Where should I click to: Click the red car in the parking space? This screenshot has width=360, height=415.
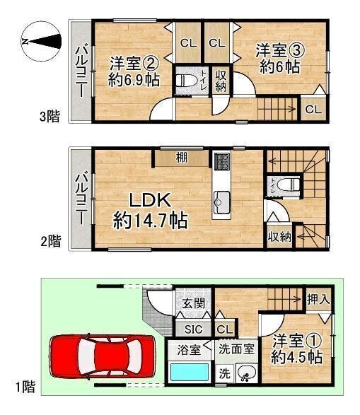pyautogui.click(x=102, y=356)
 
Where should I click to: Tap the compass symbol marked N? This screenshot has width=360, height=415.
pyautogui.click(x=41, y=41)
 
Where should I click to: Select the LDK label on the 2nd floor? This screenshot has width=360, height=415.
pyautogui.click(x=150, y=200)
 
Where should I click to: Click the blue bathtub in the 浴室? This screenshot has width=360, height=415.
pyautogui.click(x=190, y=373)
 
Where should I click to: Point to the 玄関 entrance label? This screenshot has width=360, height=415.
pyautogui.click(x=194, y=303)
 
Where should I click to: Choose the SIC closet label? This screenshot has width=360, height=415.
pyautogui.click(x=194, y=329)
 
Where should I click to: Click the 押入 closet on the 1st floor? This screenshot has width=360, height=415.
pyautogui.click(x=318, y=299)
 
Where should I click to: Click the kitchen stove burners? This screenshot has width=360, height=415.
pyautogui.click(x=222, y=161)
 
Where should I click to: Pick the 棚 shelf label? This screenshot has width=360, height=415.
pyautogui.click(x=182, y=158)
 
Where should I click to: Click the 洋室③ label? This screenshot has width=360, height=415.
pyautogui.click(x=280, y=51)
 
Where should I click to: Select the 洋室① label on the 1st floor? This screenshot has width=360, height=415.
pyautogui.click(x=297, y=341)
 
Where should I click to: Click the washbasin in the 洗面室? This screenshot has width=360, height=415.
pyautogui.click(x=246, y=373)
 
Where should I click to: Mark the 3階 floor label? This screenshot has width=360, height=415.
pyautogui.click(x=50, y=117)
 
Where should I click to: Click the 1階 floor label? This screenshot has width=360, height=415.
pyautogui.click(x=25, y=387)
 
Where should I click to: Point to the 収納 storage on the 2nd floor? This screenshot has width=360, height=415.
pyautogui.click(x=279, y=237)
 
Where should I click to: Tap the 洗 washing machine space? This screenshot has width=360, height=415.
pyautogui.click(x=224, y=373)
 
